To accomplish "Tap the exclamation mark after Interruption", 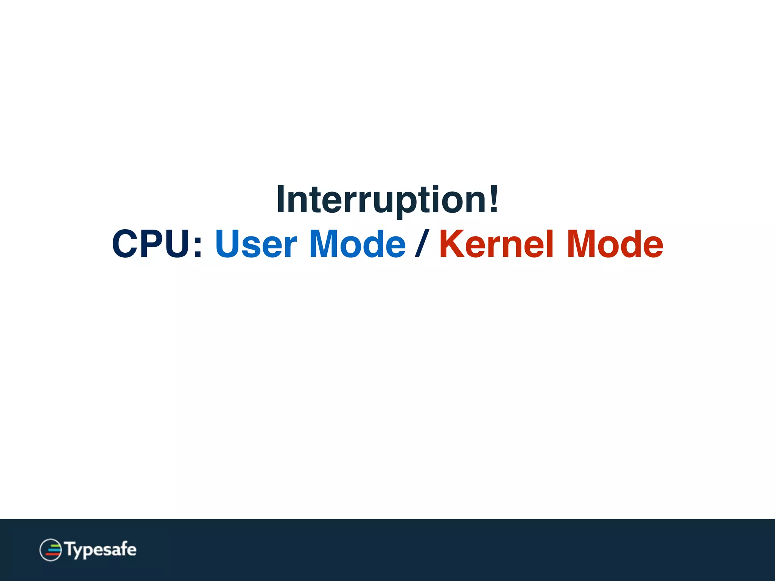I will click(493, 199).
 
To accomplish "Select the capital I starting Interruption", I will click(281, 199).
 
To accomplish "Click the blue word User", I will click(256, 244).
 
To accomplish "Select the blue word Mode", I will click(357, 244).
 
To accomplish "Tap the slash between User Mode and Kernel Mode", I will click(422, 244).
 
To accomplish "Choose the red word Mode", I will click(615, 244).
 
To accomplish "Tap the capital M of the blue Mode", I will click(325, 244).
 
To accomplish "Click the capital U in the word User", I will click(229, 244).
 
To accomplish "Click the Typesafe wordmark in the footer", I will click(100, 550).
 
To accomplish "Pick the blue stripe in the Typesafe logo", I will click(54, 550).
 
